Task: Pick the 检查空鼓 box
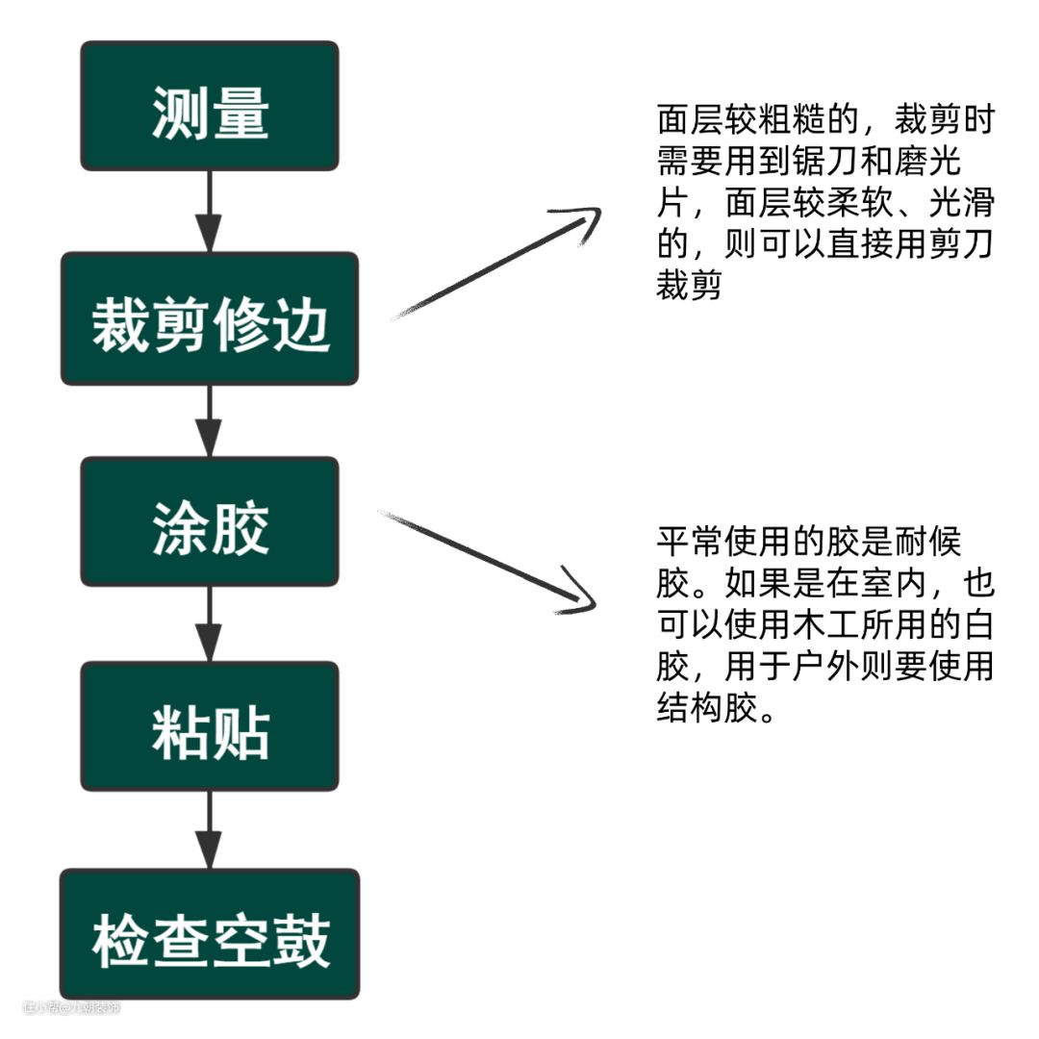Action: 210,934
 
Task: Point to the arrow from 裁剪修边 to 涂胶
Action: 209,420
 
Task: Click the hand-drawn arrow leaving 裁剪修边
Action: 495,264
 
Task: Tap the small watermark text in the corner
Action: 72,1007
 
